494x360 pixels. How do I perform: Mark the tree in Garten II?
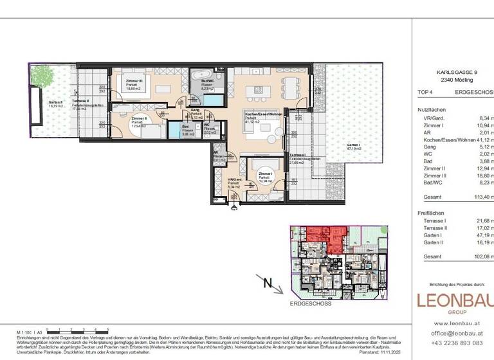(43, 76)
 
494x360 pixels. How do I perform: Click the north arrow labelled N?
(270, 283)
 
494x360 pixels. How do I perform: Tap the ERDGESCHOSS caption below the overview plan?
(310, 303)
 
